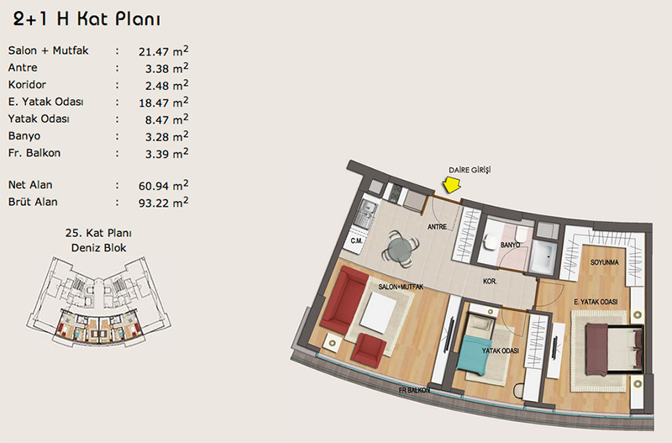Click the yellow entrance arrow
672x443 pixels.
(451, 185)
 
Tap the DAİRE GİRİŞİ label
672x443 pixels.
(470, 170)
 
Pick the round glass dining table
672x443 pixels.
(401, 250)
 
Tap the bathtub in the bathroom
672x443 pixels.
(542, 256)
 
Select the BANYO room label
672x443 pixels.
(510, 245)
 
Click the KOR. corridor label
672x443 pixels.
(490, 282)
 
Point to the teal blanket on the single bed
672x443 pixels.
(472, 352)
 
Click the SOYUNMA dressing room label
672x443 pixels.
(604, 262)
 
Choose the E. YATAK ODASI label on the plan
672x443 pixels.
(596, 302)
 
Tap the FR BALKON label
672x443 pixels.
(414, 390)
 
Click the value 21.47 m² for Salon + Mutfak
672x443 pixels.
(163, 51)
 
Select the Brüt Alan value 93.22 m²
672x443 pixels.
(163, 202)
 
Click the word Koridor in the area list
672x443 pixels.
(27, 85)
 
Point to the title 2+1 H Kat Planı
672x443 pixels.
(87, 19)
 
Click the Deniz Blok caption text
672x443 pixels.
(98, 248)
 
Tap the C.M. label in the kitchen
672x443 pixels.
(356, 241)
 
